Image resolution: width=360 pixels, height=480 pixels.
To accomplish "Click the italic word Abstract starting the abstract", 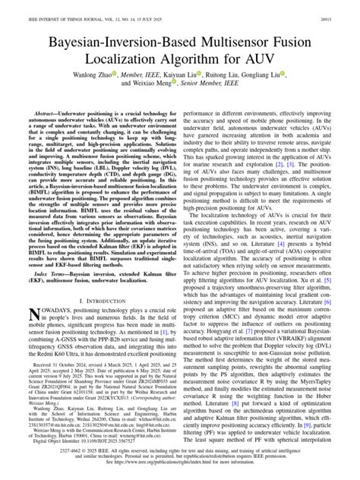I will click(41, 110).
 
